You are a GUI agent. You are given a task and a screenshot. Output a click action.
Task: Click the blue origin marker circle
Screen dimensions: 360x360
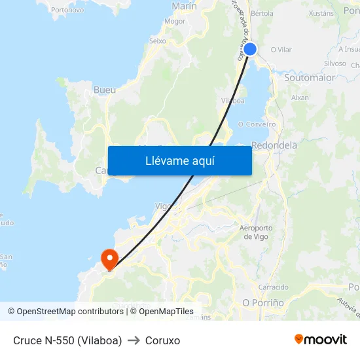249,49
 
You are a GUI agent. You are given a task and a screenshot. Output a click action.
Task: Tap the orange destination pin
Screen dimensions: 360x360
108,258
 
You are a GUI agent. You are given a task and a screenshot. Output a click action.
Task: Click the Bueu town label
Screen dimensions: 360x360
105,90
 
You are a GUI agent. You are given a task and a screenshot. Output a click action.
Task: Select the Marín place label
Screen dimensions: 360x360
184,6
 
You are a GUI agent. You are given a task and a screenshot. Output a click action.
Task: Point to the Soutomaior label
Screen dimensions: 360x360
310,77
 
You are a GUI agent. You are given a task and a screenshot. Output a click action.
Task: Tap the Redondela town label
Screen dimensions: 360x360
274,145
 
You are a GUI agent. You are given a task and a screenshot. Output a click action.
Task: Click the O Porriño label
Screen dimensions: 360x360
263,303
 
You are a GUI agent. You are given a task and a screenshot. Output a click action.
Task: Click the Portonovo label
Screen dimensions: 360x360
67,10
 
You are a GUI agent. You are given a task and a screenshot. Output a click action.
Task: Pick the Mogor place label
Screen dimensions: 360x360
175,21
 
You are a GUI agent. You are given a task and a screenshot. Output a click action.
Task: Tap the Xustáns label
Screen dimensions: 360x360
321,12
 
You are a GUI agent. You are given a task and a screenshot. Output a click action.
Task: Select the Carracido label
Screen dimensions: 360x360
273,287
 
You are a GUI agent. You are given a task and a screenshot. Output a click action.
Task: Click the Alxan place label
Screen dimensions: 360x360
300,98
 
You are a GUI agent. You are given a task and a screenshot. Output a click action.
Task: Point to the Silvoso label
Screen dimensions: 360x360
335,63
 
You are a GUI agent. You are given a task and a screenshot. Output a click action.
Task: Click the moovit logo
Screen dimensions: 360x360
321,339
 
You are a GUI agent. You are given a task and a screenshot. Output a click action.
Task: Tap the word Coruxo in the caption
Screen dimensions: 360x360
162,340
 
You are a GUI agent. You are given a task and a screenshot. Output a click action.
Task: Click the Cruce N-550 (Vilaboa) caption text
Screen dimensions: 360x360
67,340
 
